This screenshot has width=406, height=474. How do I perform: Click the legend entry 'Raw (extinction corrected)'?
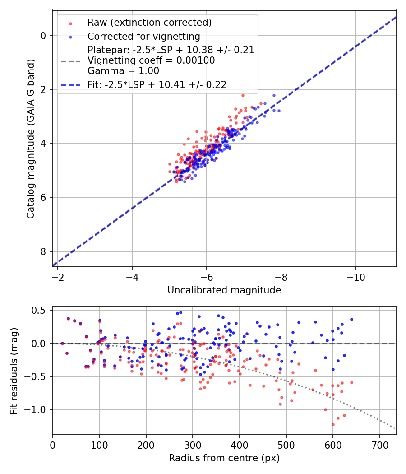[149, 23]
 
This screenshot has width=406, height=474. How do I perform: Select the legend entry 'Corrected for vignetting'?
[143, 37]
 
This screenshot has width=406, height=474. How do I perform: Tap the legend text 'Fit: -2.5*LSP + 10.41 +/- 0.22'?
[157, 84]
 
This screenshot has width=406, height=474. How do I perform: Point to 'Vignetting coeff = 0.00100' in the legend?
[151, 60]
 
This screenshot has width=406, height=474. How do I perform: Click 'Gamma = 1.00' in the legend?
[123, 70]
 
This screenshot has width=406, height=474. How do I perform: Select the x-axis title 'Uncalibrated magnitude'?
[224, 290]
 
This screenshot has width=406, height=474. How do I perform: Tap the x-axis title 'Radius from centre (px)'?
[224, 458]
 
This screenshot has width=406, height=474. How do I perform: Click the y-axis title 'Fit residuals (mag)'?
[14, 371]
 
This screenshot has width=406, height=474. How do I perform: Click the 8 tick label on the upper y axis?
[43, 251]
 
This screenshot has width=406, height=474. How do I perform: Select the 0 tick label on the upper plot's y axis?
[43, 36]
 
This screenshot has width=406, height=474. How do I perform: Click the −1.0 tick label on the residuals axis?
[37, 409]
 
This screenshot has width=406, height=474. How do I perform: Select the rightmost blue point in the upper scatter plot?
[279, 111]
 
